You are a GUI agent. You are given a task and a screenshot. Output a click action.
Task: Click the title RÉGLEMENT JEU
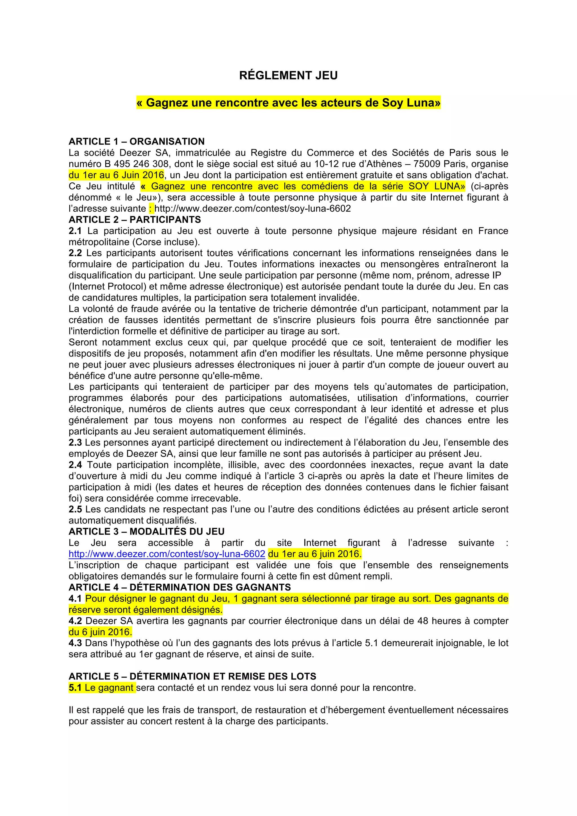click(x=288, y=75)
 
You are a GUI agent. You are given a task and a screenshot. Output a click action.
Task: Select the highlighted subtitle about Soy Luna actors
click(x=288, y=103)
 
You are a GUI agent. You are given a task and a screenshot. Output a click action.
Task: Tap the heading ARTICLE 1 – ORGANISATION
click(x=137, y=141)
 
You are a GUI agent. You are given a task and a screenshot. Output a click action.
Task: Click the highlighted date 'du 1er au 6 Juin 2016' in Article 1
click(x=116, y=175)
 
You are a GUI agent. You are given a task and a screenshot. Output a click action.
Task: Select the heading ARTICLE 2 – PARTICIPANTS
click(x=135, y=220)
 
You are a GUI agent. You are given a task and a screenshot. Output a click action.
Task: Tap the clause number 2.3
click(x=75, y=442)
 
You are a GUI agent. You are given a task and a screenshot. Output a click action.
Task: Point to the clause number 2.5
click(x=75, y=509)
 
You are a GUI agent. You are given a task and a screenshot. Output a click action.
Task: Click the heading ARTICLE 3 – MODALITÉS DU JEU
click(x=147, y=532)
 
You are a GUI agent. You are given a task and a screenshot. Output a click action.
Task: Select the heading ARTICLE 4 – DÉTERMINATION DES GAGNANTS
click(x=179, y=587)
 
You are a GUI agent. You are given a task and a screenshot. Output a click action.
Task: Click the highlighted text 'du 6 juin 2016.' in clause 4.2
click(x=100, y=632)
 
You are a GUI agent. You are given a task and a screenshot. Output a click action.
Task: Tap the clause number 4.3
click(x=75, y=643)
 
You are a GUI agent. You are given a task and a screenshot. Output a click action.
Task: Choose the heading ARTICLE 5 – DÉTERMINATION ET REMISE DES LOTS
click(x=192, y=676)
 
